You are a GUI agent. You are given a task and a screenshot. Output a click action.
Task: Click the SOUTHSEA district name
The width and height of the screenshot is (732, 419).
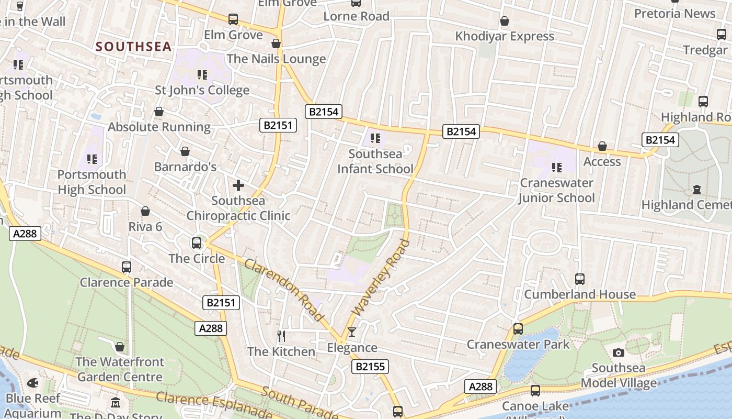133,47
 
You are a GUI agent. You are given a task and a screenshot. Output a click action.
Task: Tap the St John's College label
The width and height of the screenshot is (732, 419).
202,90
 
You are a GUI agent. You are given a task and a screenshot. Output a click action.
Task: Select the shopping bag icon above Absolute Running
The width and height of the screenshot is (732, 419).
159,112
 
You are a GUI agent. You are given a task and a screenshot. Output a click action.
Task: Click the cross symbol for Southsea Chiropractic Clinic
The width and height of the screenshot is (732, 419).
238,185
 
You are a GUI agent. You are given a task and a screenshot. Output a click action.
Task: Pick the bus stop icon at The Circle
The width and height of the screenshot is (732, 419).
197,243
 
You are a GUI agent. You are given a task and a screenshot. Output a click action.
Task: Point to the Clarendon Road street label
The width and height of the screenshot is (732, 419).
284,290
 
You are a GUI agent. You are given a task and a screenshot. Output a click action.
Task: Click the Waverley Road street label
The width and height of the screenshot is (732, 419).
381,277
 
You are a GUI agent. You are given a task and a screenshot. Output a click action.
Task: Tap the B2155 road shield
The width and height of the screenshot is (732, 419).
370,367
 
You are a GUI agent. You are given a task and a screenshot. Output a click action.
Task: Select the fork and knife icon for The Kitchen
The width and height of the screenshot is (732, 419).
281,336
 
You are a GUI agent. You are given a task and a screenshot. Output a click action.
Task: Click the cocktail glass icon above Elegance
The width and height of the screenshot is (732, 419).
352,332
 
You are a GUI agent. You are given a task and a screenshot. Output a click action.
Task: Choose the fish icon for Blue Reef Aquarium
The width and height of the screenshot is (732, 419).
32,383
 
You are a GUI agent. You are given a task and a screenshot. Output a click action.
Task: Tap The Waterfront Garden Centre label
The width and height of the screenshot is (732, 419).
120,369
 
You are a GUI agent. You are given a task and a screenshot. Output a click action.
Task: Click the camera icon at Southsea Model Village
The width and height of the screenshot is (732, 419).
619,352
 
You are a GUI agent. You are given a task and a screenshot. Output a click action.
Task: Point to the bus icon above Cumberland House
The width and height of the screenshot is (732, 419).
580,279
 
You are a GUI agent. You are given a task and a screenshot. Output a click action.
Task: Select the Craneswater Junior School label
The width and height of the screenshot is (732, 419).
557,190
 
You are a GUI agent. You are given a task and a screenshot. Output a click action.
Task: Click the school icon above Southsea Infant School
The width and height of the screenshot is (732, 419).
375,138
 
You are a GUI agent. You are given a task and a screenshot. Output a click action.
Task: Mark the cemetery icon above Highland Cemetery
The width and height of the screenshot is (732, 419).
696,189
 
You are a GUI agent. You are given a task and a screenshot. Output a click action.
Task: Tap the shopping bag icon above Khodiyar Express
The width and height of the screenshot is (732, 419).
505,21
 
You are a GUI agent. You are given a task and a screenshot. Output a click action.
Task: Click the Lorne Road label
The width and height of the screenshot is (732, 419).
356,16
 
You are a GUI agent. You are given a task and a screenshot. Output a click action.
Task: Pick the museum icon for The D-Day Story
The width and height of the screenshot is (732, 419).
116,403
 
